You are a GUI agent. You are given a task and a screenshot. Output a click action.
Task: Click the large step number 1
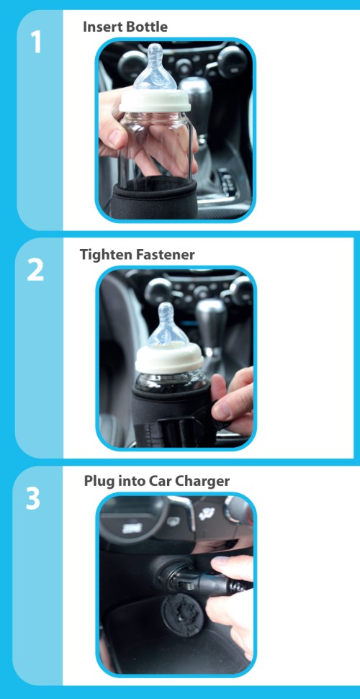pos(36,42)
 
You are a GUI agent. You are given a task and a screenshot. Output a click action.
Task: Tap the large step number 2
pos(36,270)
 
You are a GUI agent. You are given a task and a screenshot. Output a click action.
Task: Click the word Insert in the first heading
pos(96,27)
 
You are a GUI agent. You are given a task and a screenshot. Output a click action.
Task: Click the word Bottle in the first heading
pos(140,27)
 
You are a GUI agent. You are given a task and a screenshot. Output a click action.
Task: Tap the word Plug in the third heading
pos(96,482)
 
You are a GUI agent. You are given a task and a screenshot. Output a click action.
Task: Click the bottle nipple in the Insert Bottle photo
pos(155,67)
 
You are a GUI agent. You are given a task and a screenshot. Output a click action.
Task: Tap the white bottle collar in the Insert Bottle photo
pos(155,101)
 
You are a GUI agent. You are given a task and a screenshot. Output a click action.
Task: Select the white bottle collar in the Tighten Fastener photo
pos(169,358)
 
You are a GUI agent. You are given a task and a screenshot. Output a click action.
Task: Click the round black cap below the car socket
pos(182,614)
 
